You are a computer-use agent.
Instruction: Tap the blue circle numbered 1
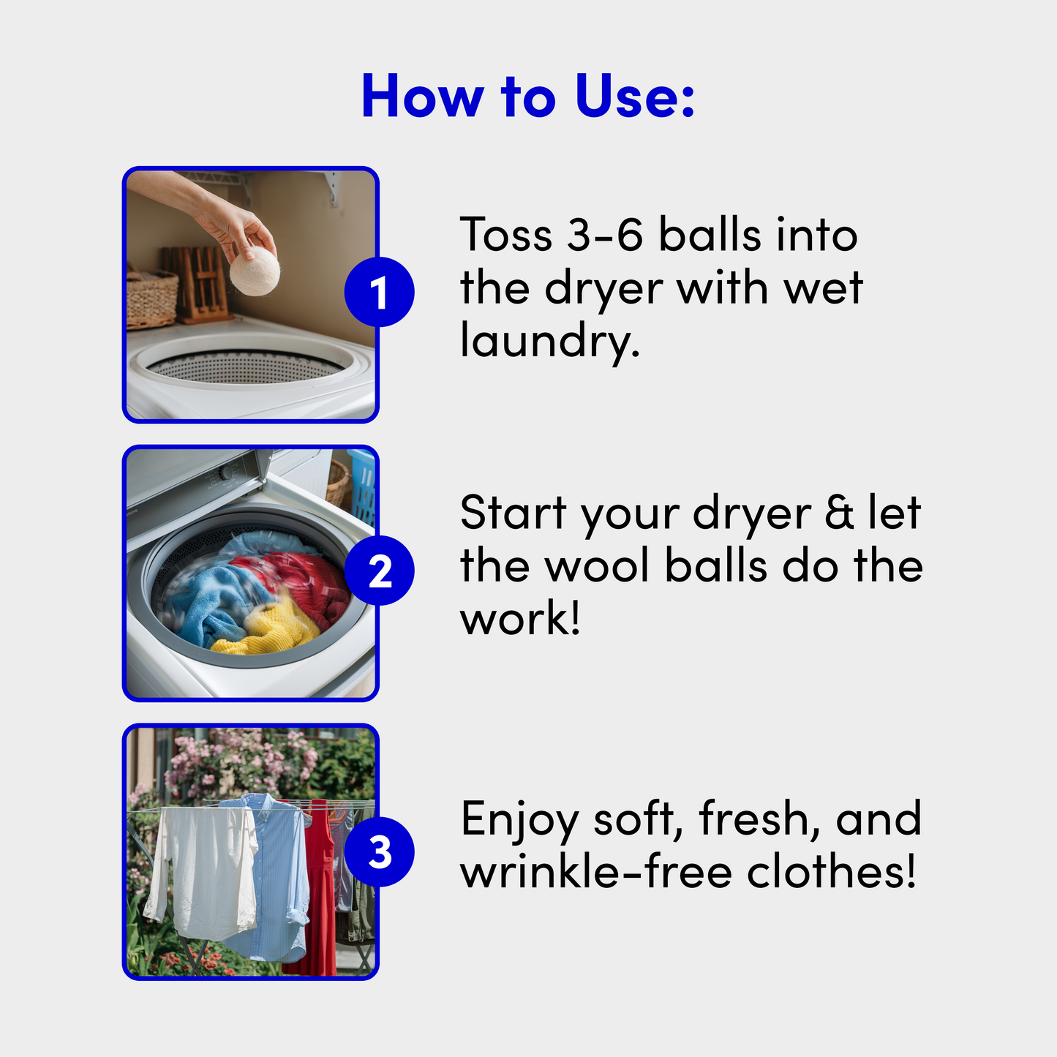(x=379, y=292)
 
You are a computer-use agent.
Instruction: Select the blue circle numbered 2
(x=379, y=571)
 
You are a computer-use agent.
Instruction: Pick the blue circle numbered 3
(x=379, y=852)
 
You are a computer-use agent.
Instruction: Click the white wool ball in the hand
(x=255, y=271)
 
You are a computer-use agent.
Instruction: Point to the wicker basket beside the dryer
(x=151, y=299)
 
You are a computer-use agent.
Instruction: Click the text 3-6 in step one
(x=604, y=235)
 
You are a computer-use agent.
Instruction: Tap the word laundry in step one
(x=549, y=340)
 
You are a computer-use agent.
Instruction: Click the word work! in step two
(x=519, y=617)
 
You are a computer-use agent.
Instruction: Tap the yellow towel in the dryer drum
(x=266, y=628)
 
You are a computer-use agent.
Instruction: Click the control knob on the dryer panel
(x=225, y=473)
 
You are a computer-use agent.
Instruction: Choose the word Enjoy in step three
(x=519, y=821)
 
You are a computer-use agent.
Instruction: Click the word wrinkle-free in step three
(x=596, y=872)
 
